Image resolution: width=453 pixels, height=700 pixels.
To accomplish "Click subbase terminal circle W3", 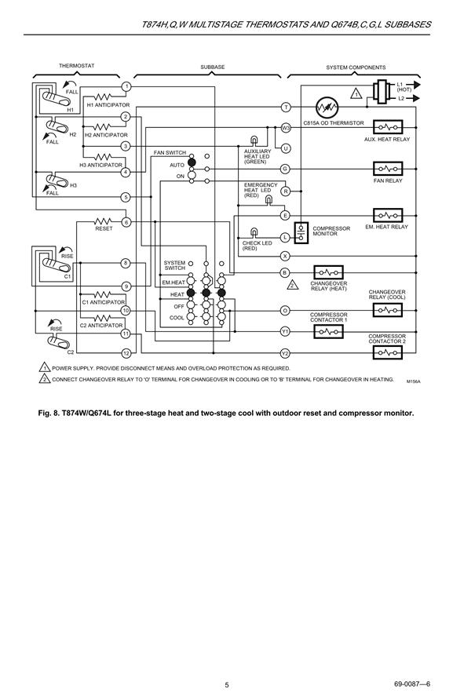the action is [286, 128].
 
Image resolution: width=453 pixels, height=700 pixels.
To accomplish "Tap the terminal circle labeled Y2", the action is [285, 354].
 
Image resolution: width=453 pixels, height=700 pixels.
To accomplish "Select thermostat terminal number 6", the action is [126, 222].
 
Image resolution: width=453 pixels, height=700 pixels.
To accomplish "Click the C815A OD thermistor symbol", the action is [327, 108].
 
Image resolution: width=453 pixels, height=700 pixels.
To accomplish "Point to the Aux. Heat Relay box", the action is [388, 127].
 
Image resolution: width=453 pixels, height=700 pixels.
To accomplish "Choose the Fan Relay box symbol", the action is [388, 169].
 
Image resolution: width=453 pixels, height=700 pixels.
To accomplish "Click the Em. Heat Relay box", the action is [388, 216].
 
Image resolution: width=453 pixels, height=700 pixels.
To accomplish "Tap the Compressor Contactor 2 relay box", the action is [388, 352].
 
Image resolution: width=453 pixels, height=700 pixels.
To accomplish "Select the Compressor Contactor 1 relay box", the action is [328, 331].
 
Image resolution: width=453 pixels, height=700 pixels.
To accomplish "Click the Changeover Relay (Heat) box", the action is [328, 272].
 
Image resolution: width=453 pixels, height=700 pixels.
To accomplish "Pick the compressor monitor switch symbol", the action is [301, 232].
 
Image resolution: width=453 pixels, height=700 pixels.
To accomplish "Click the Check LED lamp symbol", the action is [254, 232].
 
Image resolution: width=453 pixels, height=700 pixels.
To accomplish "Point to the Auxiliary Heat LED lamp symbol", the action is [254, 140].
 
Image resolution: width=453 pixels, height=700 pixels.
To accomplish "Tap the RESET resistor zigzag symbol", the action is [103, 221].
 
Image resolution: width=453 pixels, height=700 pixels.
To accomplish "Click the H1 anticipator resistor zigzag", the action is [103, 97].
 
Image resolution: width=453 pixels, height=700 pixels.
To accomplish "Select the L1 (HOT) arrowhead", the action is [415, 85].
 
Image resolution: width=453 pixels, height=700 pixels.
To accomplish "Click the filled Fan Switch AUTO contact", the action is [192, 162].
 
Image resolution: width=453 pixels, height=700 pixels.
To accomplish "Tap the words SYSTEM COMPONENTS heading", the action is [356, 67].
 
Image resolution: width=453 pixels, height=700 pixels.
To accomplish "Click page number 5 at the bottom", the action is [226, 685].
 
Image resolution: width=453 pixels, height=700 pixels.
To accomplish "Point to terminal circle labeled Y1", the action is [285, 331].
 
